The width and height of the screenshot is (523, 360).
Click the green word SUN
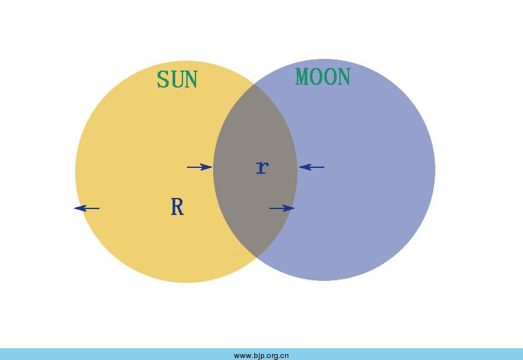point(177,80)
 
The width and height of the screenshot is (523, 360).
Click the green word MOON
point(323,77)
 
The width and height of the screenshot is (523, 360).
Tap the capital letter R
point(177,207)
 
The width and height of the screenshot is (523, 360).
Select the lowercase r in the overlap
point(261,167)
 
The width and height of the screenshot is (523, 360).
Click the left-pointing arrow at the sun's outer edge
point(87,208)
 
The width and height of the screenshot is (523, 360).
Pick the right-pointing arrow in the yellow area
point(199,167)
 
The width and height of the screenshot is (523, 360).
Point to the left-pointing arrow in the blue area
point(312,168)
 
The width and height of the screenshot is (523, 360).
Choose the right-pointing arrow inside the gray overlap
point(282,208)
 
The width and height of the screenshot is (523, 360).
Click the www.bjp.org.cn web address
point(261,355)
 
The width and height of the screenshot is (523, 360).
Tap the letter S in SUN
point(163,80)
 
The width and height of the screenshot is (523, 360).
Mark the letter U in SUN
point(177,80)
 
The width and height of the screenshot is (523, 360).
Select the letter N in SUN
point(191,80)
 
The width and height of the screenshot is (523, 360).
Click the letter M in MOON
point(303,77)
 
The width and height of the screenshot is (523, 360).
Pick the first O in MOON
point(317,77)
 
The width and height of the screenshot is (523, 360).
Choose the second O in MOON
point(330,77)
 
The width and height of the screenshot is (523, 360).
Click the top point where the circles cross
point(254,85)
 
